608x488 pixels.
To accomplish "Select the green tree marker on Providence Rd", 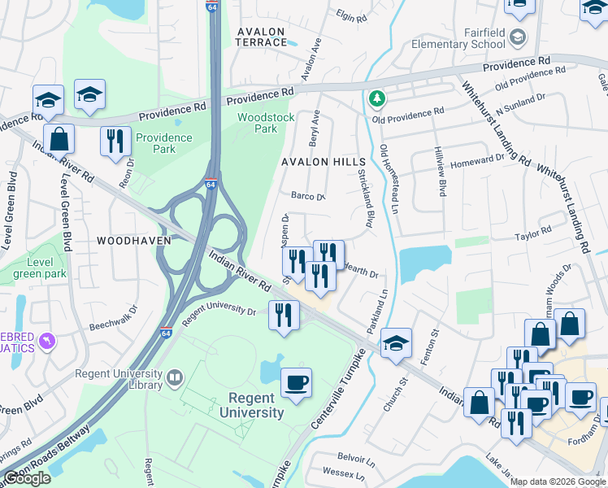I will point(376,98).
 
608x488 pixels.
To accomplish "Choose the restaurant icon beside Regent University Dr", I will point(283,315).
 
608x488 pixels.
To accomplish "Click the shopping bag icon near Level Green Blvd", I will point(59,139).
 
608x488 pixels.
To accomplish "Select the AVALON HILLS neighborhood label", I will point(324,162).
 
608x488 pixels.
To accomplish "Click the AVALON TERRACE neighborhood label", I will point(260,37).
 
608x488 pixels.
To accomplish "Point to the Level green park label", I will point(39,268).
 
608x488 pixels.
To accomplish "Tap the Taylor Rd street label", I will point(533,237).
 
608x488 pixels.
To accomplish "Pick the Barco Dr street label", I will point(308,196).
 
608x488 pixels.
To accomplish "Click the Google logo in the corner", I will point(28,478).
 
